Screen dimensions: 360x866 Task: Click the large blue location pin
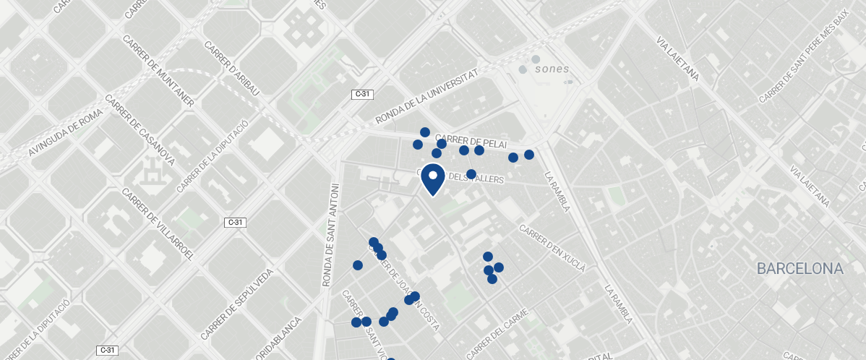click(x=432, y=179)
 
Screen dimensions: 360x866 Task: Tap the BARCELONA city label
click(x=799, y=269)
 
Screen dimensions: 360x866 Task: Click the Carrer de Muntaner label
click(x=158, y=71)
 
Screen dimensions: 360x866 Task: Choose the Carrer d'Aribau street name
click(x=231, y=67)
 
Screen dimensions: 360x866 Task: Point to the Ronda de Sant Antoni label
click(x=330, y=232)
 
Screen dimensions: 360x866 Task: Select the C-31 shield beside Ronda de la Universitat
click(x=361, y=94)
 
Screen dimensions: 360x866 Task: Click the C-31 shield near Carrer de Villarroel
click(x=236, y=222)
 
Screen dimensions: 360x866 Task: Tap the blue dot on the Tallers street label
click(x=471, y=174)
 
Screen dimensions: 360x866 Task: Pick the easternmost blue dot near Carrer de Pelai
click(x=529, y=155)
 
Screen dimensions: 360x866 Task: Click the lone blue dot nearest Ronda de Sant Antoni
click(x=357, y=265)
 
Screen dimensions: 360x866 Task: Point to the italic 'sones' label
click(x=552, y=69)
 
